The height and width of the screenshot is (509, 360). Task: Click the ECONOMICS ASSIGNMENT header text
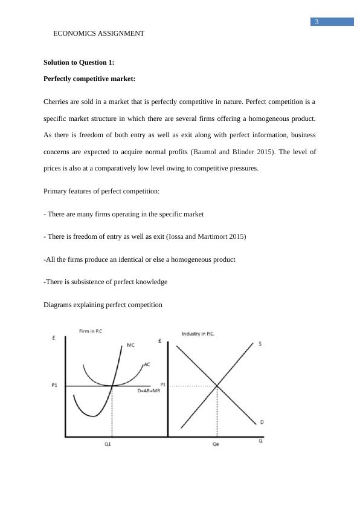tap(98, 34)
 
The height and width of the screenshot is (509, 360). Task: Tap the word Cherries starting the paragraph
tap(58, 101)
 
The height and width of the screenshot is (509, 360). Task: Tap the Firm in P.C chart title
tap(92, 331)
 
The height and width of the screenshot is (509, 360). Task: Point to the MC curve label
tap(130, 346)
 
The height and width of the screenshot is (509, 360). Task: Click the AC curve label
tap(147, 365)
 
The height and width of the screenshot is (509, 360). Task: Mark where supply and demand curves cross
tap(216, 386)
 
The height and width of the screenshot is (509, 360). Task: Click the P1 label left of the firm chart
tap(54, 386)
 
